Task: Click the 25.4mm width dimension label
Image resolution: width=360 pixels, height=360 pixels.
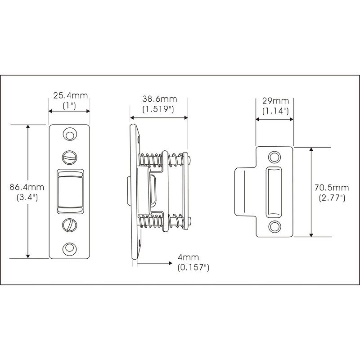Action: tap(71, 95)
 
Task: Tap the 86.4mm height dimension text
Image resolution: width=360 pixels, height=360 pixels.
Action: tap(27, 187)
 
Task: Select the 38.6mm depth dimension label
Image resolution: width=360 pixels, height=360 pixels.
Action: tap(160, 99)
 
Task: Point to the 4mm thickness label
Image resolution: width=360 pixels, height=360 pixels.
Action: tap(188, 257)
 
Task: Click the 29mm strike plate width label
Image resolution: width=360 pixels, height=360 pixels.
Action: tap(275, 101)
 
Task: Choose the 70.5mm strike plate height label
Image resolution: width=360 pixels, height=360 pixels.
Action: tap(332, 188)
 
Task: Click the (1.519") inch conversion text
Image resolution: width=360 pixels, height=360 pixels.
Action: tap(158, 109)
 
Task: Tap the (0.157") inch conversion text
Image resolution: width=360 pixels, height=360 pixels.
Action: tap(193, 267)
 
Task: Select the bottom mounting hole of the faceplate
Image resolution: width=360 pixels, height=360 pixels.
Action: tap(69, 248)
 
